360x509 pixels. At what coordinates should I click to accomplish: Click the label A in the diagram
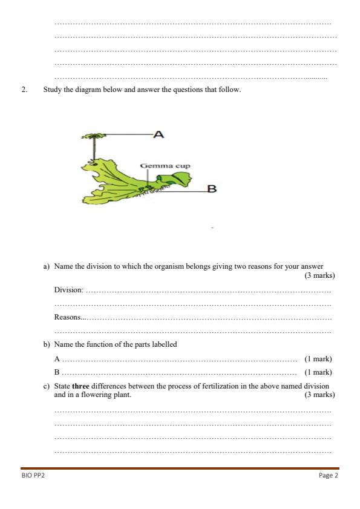click(159, 134)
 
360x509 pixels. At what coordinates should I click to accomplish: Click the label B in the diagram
click(212, 189)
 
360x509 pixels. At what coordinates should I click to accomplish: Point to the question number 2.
click(24, 90)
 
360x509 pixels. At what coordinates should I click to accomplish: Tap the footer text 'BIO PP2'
click(33, 476)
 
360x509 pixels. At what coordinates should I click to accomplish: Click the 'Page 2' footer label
click(328, 476)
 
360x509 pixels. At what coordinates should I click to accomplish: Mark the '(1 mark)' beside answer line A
click(318, 359)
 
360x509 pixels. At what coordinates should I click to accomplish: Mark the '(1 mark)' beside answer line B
click(318, 372)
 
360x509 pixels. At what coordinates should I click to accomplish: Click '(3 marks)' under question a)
click(319, 275)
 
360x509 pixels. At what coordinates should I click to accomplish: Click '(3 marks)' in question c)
click(319, 395)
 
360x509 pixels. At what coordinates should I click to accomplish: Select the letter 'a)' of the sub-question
click(46, 266)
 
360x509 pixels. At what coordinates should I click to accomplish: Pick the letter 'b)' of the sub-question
click(46, 344)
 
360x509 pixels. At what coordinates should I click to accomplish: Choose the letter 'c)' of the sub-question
click(46, 386)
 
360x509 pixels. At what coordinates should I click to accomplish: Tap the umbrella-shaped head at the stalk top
click(93, 136)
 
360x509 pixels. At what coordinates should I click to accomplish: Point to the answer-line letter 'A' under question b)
click(57, 359)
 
